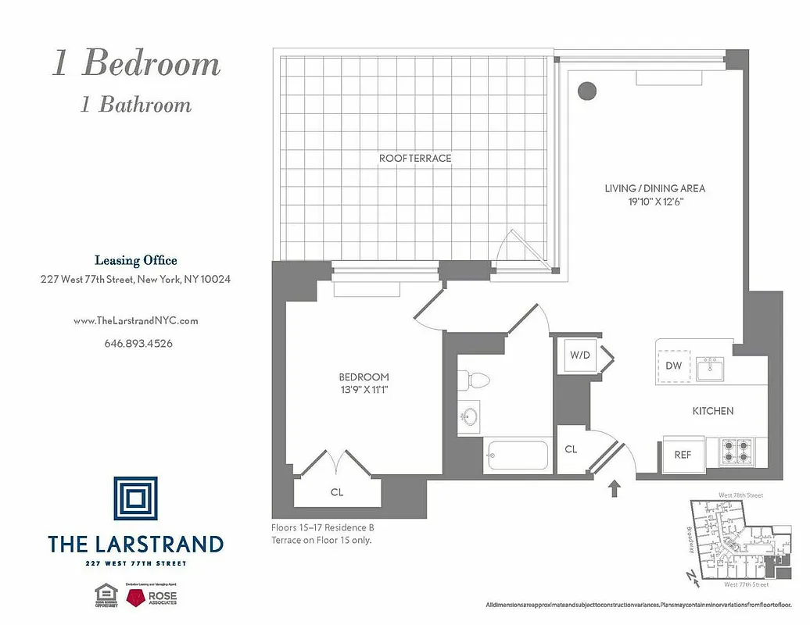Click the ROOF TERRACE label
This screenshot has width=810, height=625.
pyautogui.click(x=415, y=158)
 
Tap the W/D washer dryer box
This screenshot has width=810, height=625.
pyautogui.click(x=579, y=355)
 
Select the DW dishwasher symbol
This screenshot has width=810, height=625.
pyautogui.click(x=673, y=366)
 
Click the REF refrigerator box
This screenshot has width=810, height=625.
pyautogui.click(x=683, y=455)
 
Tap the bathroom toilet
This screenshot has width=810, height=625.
pyautogui.click(x=474, y=381)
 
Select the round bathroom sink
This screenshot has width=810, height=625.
pyautogui.click(x=471, y=414)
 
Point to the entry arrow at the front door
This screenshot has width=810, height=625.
pyautogui.click(x=614, y=488)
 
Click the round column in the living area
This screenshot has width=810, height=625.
pyautogui.click(x=586, y=91)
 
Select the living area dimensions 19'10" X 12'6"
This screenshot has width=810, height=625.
pyautogui.click(x=654, y=202)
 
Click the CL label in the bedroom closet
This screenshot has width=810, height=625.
pyautogui.click(x=337, y=492)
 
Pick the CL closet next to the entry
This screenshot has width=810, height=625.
pyautogui.click(x=571, y=449)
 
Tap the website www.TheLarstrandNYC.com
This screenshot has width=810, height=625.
pyautogui.click(x=135, y=320)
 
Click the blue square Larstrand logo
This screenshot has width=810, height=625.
pyautogui.click(x=135, y=498)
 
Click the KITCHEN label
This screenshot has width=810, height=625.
pyautogui.click(x=712, y=411)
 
